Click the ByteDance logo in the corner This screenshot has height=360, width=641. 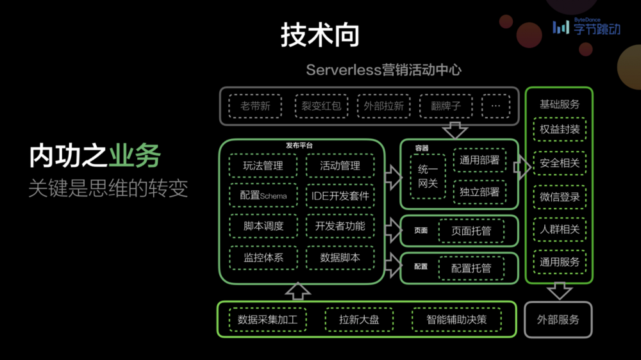(587, 27)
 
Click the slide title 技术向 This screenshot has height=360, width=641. (319, 35)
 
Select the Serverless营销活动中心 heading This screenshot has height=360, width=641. (383, 70)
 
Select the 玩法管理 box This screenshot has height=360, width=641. (263, 165)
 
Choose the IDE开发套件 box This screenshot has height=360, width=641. (340, 195)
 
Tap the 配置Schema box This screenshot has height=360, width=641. (263, 195)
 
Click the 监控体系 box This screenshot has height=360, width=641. (263, 258)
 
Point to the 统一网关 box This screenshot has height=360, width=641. (428, 176)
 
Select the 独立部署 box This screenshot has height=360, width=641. (479, 191)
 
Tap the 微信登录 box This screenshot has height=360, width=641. (560, 197)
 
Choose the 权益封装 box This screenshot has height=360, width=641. (560, 130)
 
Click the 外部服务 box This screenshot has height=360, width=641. (558, 319)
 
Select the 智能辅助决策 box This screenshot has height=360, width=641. (456, 319)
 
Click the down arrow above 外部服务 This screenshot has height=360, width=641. (559, 291)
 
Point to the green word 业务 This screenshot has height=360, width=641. (135, 156)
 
